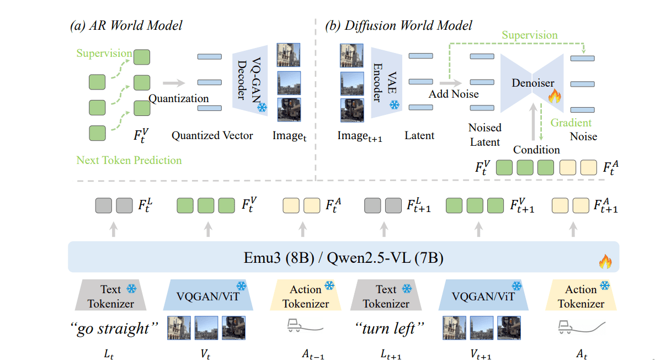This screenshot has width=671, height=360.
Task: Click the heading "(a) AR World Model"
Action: coord(126,25)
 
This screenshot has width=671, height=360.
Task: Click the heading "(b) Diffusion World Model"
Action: coord(399,25)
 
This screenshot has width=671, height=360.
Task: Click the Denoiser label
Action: coord(532,83)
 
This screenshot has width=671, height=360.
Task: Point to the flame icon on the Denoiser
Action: coord(554,97)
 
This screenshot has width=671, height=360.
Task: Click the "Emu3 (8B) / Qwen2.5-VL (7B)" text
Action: coord(343,257)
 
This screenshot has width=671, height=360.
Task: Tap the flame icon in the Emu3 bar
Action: coord(605,261)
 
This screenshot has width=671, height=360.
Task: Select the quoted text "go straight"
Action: coord(113,329)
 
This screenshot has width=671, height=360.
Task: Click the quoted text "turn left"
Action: coord(389,329)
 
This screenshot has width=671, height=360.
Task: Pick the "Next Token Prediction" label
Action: coord(129,161)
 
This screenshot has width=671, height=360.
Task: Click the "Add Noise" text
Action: coord(454,94)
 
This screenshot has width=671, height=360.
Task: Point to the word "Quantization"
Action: coord(179,98)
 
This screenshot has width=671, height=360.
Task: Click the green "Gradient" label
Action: coord(571,123)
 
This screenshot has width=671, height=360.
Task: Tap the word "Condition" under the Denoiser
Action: coord(536,150)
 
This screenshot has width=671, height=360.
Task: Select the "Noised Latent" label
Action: coord(484,134)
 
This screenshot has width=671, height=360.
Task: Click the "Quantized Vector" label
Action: coord(212,135)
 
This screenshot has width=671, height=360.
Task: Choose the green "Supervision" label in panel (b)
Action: coord(529,35)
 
